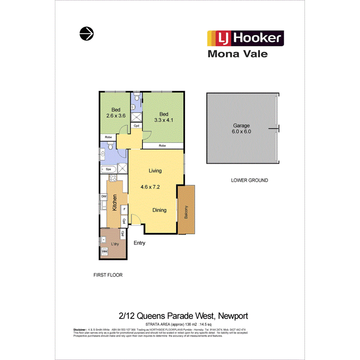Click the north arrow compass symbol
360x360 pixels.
coord(87,34)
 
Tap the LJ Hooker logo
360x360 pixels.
coord(246,39)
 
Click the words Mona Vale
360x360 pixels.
coord(238,54)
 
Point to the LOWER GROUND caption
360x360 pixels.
coord(250,180)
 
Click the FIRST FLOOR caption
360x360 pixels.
coord(108,275)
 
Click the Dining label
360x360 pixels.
coord(159,210)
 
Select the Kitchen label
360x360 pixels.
coord(115,202)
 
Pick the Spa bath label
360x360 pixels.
coord(109,169)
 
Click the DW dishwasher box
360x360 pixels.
coord(104,197)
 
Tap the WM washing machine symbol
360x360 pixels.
coord(104,252)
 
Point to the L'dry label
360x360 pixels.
coord(114,245)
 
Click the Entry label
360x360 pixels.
coord(139,243)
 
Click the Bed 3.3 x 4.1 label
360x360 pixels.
coord(164,117)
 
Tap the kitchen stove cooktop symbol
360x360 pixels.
coord(113,178)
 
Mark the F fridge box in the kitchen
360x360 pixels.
coord(124,210)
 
